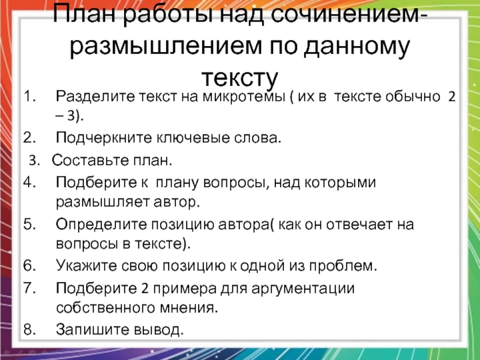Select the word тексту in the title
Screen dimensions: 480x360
(x=239, y=79)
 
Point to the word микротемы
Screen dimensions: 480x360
(x=244, y=97)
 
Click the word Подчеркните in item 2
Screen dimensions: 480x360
(x=104, y=139)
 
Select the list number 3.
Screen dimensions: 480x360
(x=34, y=160)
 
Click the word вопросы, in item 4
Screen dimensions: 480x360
(x=236, y=183)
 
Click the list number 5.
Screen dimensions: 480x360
(x=29, y=224)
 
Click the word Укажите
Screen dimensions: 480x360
(x=86, y=266)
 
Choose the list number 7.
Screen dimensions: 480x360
(x=29, y=288)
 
